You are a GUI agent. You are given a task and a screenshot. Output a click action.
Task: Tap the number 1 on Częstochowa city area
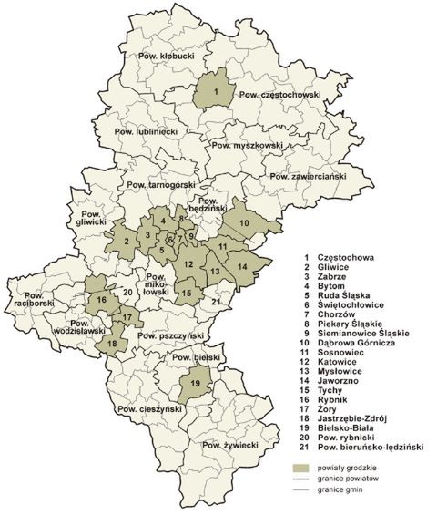tap(215, 91)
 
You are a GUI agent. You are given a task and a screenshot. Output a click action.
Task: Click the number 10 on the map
tap(243, 222)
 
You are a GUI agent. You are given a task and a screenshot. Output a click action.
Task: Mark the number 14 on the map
tap(243, 265)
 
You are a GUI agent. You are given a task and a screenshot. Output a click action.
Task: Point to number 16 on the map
tap(102, 299)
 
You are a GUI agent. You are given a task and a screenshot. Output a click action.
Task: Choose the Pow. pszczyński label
tap(169, 335)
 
